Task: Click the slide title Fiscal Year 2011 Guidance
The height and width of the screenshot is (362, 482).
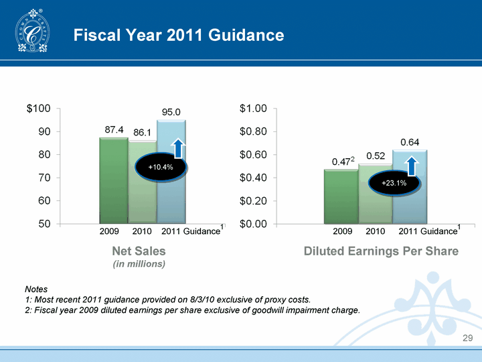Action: (x=178, y=34)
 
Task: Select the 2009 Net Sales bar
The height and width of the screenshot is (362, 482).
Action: (x=113, y=181)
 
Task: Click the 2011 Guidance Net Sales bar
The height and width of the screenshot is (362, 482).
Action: (x=171, y=194)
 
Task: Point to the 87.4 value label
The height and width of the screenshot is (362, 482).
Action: (x=113, y=129)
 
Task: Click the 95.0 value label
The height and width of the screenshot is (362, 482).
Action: (x=171, y=111)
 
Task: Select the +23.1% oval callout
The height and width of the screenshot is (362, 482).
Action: (x=394, y=182)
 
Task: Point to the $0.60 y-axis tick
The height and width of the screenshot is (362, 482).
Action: (x=253, y=155)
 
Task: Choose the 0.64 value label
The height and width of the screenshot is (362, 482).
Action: (x=410, y=141)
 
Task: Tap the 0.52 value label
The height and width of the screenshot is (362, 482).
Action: (x=376, y=156)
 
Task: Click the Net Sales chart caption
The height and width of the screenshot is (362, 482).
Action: (x=139, y=251)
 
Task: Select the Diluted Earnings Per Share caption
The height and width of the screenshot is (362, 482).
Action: (x=381, y=251)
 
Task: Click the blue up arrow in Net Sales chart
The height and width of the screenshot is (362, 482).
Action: (x=178, y=149)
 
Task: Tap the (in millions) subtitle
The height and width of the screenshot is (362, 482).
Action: (x=139, y=264)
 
